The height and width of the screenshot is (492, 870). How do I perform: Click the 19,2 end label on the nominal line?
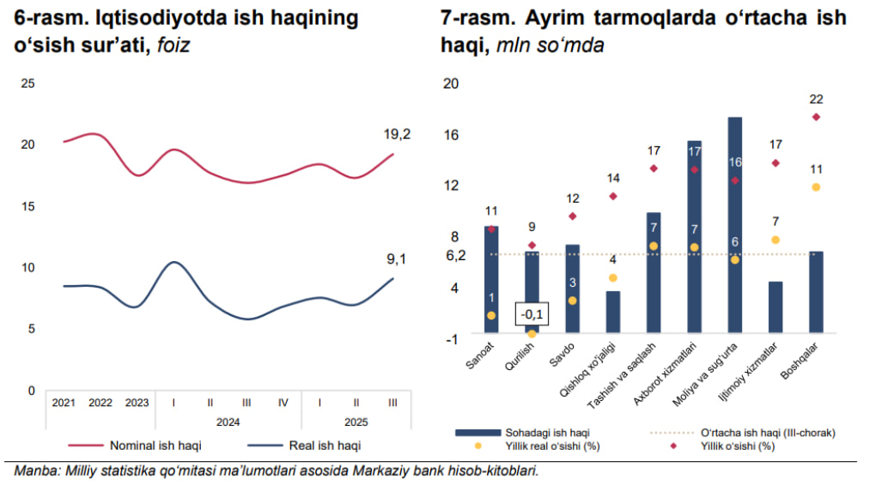pos(397,134)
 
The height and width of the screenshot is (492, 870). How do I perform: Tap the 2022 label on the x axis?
pos(100,402)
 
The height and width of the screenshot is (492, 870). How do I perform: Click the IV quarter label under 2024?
pos(283,402)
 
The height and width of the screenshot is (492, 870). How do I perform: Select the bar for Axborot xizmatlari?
pos(694,236)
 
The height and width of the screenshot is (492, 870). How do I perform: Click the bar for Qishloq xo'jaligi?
pos(612,312)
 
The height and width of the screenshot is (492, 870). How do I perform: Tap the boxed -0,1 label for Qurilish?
pos(532,314)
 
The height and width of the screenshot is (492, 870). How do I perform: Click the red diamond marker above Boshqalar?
pos(816,117)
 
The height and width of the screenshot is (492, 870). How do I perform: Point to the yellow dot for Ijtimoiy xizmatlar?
pos(776,240)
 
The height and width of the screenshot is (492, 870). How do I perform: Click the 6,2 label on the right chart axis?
pos(455,255)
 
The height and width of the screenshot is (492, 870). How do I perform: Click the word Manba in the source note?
pos(33,471)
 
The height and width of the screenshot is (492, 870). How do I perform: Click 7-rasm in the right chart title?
pos(471,18)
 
